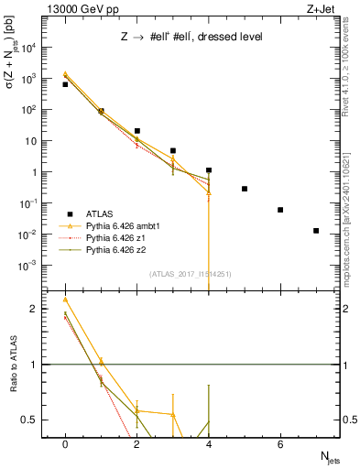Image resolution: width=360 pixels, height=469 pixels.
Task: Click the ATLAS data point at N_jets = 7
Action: tap(316, 231)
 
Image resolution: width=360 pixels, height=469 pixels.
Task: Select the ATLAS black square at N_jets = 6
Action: tap(280, 210)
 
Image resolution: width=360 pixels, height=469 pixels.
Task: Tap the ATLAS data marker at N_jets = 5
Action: tap(245, 189)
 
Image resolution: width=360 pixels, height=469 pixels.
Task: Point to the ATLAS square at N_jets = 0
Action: tap(65, 84)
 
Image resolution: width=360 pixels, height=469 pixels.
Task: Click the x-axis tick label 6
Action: tap(280, 443)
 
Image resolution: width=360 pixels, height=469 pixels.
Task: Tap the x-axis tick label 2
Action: tap(136, 443)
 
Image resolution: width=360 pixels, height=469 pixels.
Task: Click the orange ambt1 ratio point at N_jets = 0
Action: tap(65, 299)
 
